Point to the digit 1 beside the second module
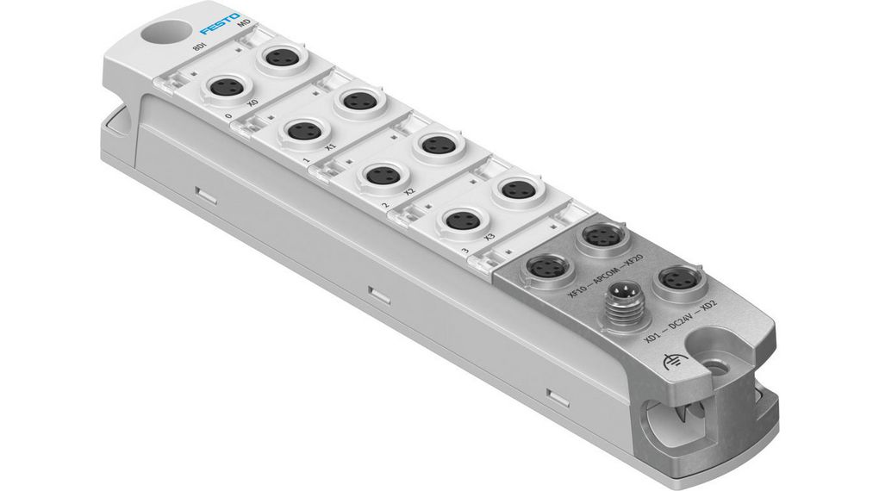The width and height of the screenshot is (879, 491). pos(306,161)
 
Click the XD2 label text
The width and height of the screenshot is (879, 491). pos(709,303)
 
